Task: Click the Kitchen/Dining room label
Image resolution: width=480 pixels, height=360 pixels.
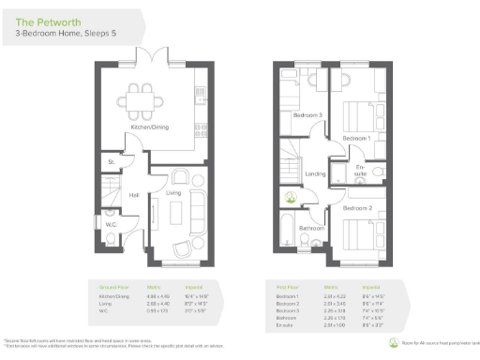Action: coord(150,126)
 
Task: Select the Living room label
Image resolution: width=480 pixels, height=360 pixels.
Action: coord(174,193)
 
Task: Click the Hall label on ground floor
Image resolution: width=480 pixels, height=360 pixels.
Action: coord(135,195)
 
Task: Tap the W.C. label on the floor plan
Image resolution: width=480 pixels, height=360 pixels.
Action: coord(111,225)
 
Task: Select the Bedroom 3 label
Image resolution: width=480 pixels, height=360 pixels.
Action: coord(307,115)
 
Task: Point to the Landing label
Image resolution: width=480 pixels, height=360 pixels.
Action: coord(315,173)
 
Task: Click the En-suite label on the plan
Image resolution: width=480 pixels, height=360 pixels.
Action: coord(361,172)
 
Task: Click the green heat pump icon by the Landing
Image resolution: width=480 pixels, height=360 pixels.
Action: coord(292,199)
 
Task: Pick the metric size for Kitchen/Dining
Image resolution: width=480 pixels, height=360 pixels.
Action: coord(155,296)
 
